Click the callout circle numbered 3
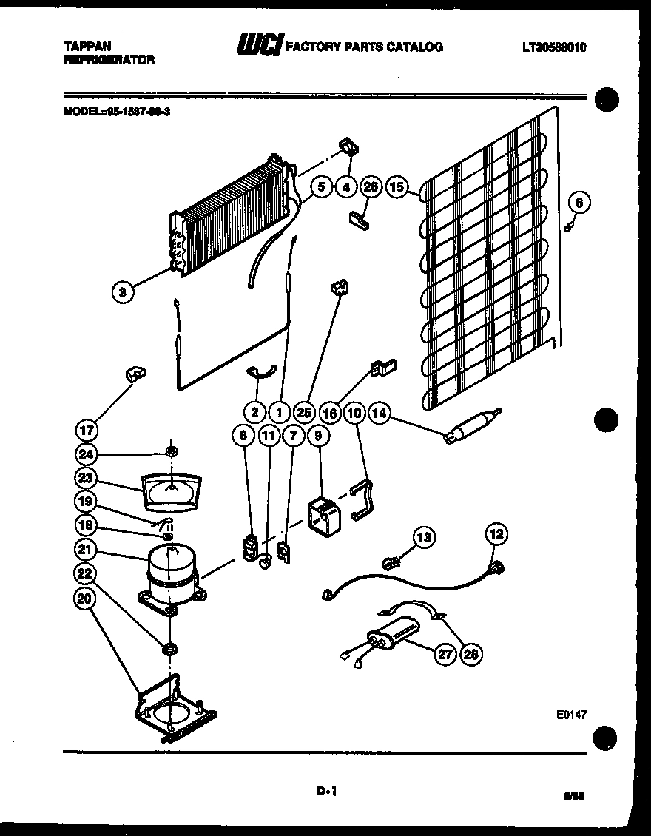point(124,292)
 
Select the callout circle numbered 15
point(397,187)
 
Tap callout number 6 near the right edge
point(580,202)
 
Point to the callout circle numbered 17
point(88,429)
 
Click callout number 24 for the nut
point(87,454)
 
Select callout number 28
point(469,653)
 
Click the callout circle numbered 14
point(380,414)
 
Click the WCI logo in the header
point(258,47)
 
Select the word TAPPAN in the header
point(84,47)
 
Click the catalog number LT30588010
point(554,47)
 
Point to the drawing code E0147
point(572,715)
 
